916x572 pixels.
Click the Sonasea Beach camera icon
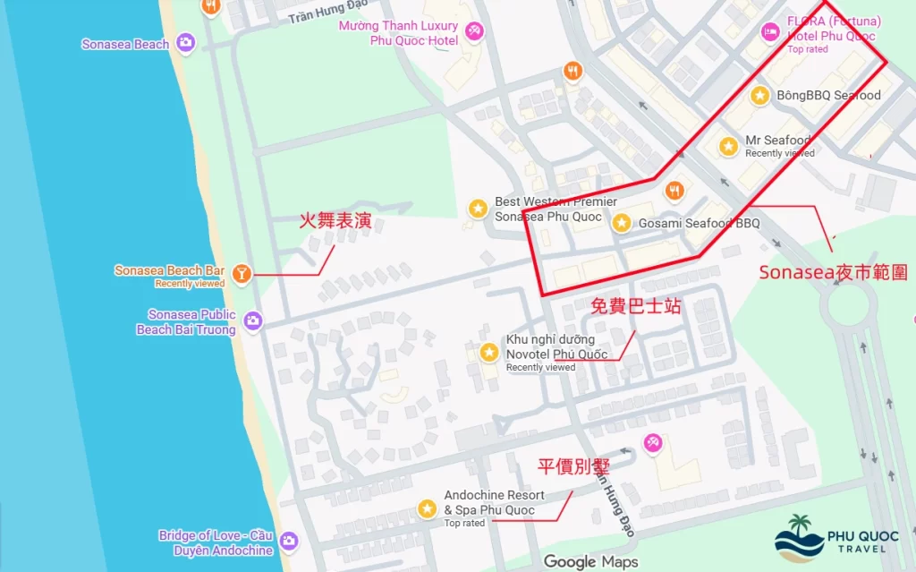click(x=185, y=42)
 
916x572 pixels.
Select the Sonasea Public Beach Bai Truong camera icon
click(x=253, y=320)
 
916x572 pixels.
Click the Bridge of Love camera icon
click(x=288, y=542)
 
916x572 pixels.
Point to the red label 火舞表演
click(x=335, y=221)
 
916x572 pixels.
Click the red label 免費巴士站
click(x=636, y=306)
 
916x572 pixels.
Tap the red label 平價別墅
click(x=572, y=465)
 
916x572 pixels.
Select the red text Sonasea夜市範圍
click(x=833, y=273)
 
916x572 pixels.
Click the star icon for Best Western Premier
click(x=479, y=209)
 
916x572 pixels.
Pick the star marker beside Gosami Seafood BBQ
click(x=622, y=223)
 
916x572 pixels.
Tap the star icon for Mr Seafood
click(x=729, y=145)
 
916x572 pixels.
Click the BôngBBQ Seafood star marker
click(x=759, y=95)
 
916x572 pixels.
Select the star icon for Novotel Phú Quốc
click(x=489, y=353)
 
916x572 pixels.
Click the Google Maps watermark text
click(x=590, y=561)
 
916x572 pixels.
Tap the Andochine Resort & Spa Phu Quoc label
click(x=494, y=503)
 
